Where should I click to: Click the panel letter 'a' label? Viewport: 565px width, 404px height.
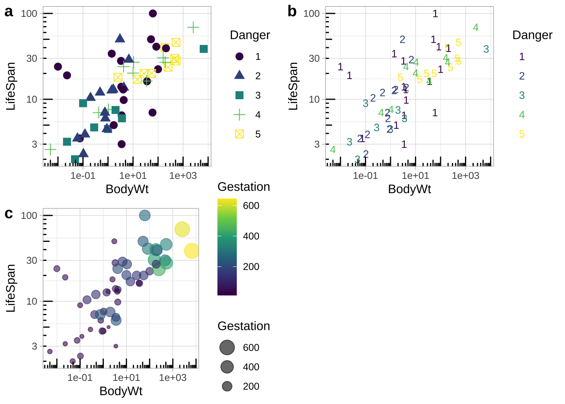click(8, 12)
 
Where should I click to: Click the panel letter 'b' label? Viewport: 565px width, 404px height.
click(292, 12)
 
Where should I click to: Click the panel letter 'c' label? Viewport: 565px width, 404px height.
click(8, 214)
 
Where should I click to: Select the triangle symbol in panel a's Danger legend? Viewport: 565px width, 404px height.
click(239, 75)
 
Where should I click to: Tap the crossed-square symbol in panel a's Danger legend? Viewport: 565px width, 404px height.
click(239, 134)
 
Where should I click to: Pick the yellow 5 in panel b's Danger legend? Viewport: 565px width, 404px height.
click(522, 134)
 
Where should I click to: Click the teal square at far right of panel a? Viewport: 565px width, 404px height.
click(203, 49)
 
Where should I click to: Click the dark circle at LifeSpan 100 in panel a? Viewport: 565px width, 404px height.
click(153, 13)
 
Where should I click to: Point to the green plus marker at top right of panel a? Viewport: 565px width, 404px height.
click(193, 28)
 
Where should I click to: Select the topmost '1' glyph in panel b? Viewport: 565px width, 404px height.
click(435, 14)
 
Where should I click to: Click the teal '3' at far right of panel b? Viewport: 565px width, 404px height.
click(486, 49)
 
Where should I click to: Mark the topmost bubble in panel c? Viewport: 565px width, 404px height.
click(145, 215)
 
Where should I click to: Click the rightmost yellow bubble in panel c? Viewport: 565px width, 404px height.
click(191, 251)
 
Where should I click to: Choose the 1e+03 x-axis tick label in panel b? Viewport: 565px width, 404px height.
click(465, 176)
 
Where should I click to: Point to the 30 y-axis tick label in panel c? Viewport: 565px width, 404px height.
click(32, 260)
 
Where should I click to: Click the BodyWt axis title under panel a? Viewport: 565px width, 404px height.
click(127, 189)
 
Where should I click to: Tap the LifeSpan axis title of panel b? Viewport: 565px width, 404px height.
click(293, 86)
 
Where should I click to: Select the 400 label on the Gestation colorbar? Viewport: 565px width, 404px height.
click(251, 236)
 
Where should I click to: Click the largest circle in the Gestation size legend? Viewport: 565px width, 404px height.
click(227, 348)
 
